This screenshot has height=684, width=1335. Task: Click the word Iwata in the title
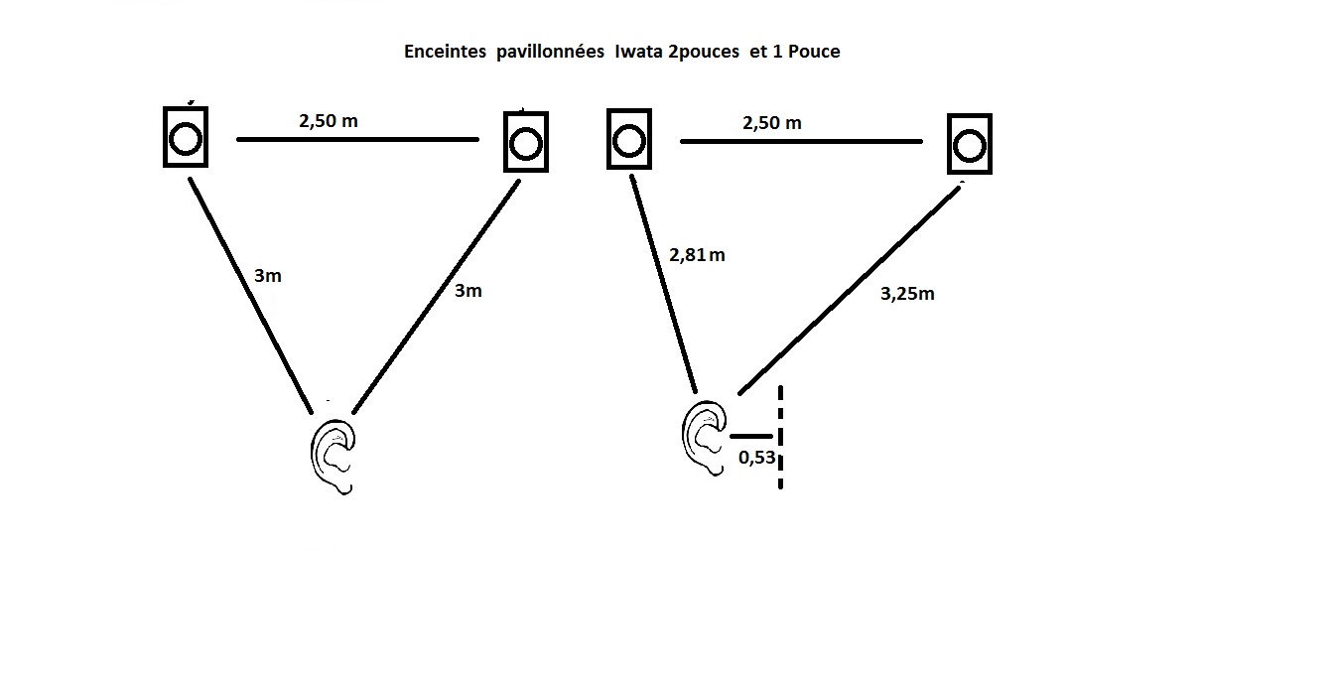(x=638, y=52)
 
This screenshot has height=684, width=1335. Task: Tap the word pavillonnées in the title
(x=550, y=53)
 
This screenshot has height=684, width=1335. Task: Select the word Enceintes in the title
(x=445, y=52)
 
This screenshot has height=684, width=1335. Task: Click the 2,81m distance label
(x=697, y=255)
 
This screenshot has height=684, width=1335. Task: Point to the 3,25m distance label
(x=907, y=294)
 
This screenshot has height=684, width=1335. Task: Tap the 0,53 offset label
(x=756, y=458)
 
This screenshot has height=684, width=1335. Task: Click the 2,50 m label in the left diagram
(x=329, y=121)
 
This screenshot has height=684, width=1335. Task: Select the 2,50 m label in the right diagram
(x=772, y=123)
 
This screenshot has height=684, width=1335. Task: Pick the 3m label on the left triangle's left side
(x=268, y=276)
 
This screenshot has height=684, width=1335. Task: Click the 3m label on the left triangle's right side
(x=467, y=291)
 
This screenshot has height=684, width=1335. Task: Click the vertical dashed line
(x=781, y=437)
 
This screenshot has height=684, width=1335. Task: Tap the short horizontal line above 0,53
(x=751, y=437)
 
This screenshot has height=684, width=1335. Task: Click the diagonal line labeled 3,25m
(x=850, y=291)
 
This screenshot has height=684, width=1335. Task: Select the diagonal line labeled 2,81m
(x=663, y=284)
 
